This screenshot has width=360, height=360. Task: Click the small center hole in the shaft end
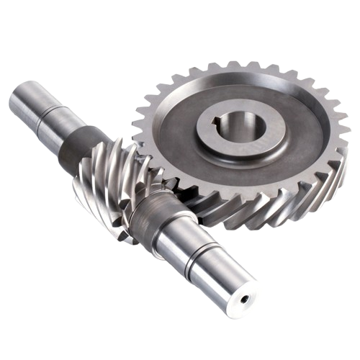pyautogui.click(x=248, y=296)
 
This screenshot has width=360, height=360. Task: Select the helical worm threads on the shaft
pyautogui.click(x=108, y=180)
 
